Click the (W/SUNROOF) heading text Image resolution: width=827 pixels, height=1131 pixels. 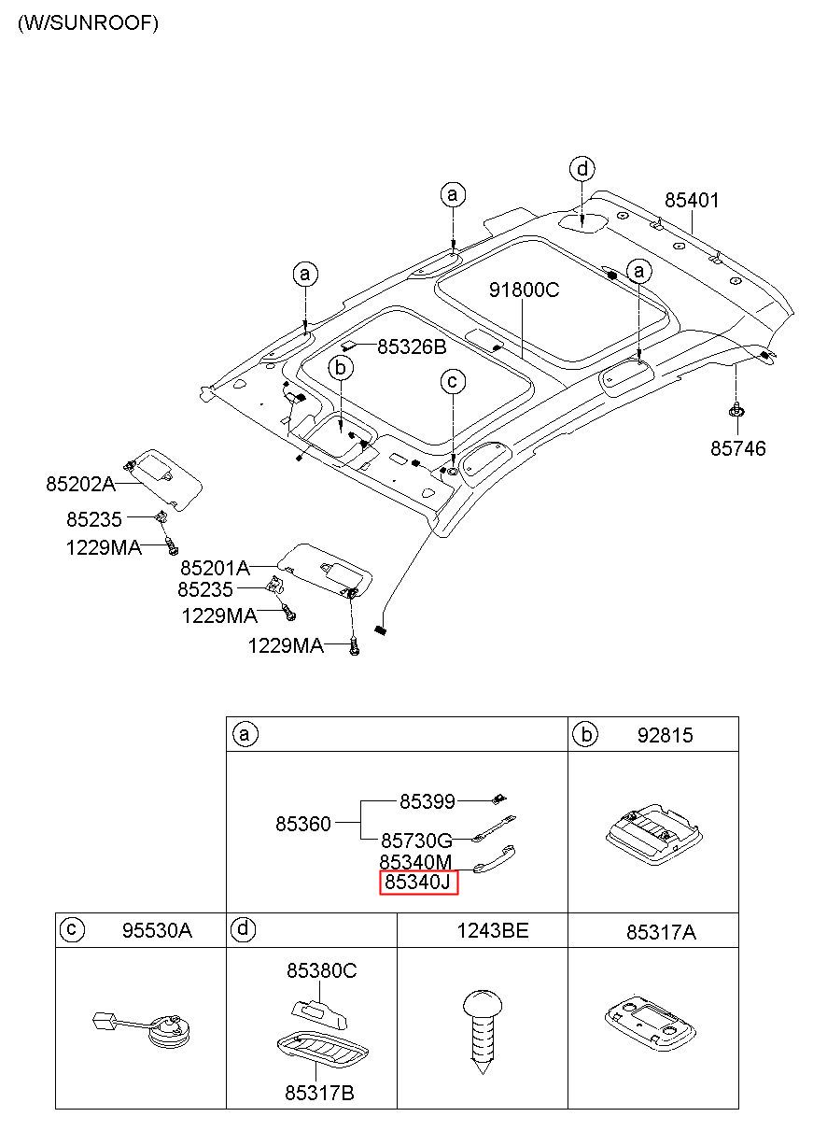[88, 23]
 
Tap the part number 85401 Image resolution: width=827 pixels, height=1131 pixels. [691, 201]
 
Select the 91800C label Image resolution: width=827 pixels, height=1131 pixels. [525, 290]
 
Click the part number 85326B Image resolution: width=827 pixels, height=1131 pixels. [412, 346]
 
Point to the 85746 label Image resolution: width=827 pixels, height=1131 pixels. [737, 448]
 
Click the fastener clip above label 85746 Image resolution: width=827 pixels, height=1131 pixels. [736, 410]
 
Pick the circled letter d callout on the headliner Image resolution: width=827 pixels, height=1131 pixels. [582, 169]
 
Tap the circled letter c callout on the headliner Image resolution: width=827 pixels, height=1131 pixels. [453, 382]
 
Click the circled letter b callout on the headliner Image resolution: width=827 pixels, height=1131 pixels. [341, 368]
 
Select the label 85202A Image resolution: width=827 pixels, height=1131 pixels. [80, 484]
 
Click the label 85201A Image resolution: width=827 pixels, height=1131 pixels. [215, 569]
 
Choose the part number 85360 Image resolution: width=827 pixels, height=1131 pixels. [302, 824]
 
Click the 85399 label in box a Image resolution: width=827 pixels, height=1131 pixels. [427, 801]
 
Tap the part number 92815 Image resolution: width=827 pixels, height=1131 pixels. [665, 735]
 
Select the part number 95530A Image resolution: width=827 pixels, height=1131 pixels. [157, 930]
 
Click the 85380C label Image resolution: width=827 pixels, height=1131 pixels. [321, 970]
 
